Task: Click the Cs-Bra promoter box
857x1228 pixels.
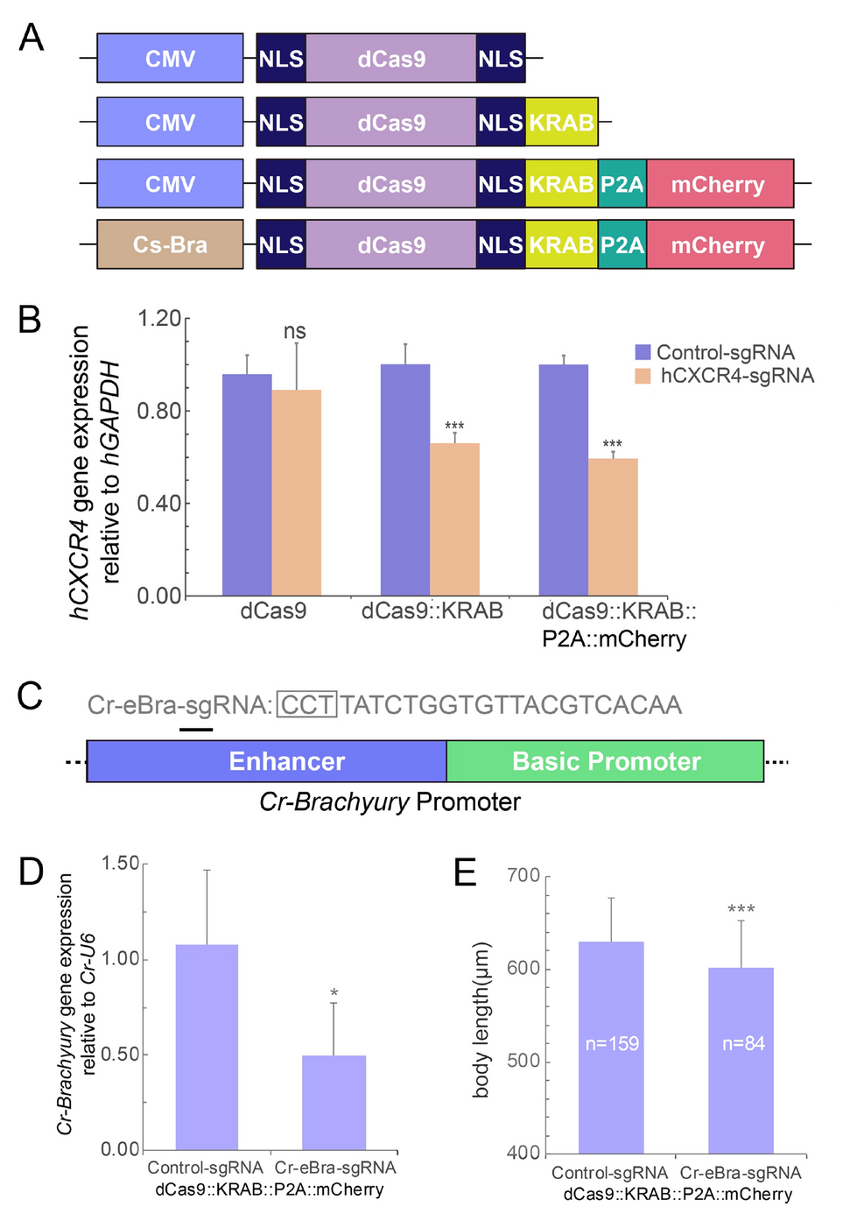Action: coord(170,244)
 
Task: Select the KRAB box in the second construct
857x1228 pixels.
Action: coord(561,123)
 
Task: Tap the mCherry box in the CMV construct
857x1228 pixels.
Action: coord(719,184)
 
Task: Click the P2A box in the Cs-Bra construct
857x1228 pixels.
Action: coord(622,244)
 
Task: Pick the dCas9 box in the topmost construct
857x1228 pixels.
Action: coord(391,59)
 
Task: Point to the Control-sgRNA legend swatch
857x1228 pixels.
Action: coord(643,352)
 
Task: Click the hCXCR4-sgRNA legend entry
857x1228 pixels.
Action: coord(736,376)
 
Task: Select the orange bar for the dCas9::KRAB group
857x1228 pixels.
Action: coord(454,519)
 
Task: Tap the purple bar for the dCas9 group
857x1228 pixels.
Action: coord(247,484)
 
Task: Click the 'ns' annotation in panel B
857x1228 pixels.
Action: coord(295,331)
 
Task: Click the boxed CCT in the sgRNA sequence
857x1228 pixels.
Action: coord(306,705)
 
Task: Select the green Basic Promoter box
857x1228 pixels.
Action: coord(605,761)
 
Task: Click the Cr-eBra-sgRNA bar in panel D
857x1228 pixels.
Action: coord(334,1102)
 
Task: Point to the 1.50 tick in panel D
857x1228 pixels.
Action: coord(121,864)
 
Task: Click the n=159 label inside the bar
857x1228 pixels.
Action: coord(612,1043)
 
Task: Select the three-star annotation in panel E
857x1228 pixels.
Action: coord(741,909)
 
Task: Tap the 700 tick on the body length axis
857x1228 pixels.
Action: coord(523,876)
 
